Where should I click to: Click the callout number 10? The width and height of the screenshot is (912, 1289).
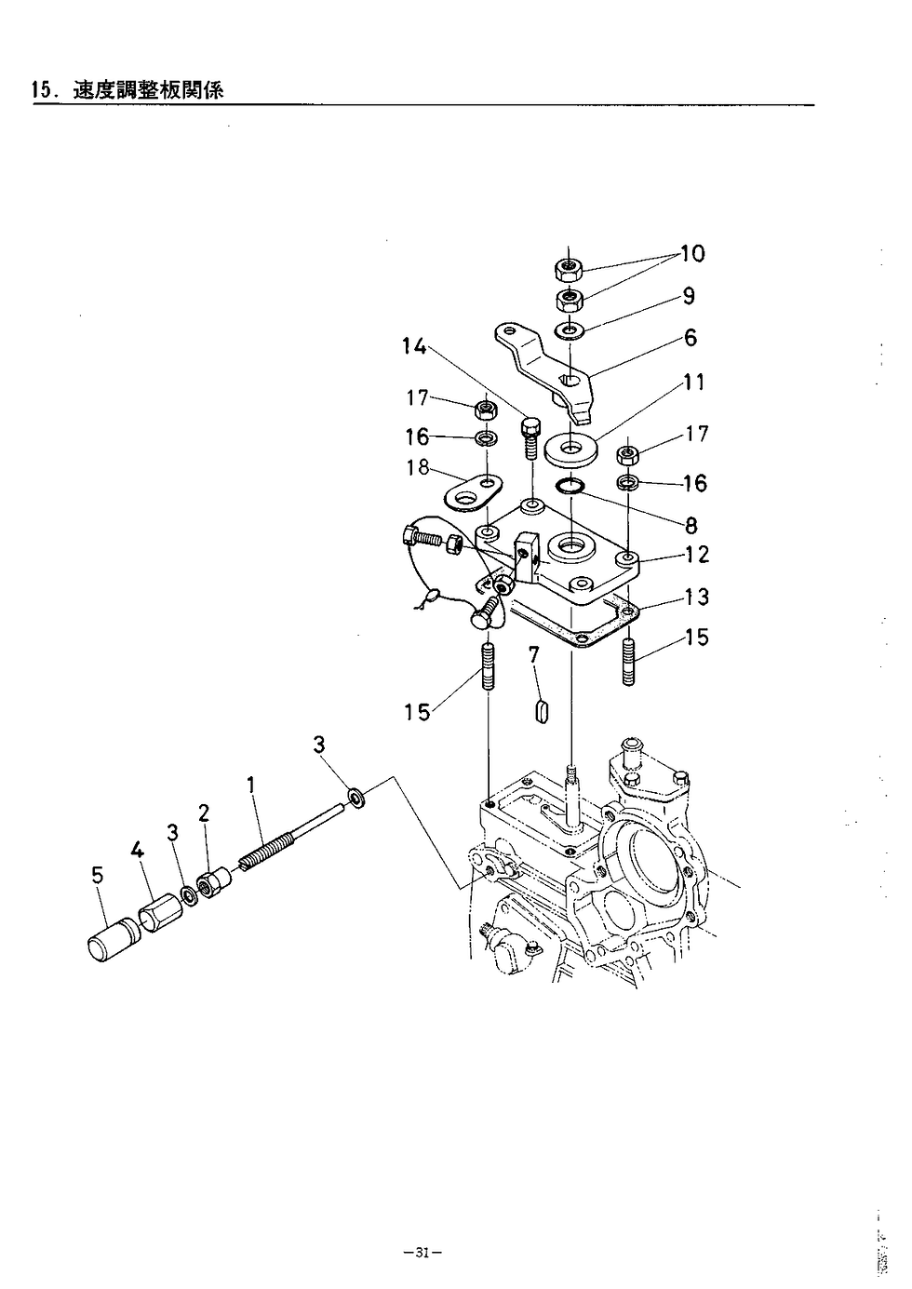[692, 253]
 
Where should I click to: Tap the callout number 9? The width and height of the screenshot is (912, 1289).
[689, 296]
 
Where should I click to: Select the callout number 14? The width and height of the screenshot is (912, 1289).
[413, 346]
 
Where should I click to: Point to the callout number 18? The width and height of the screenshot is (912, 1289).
[418, 467]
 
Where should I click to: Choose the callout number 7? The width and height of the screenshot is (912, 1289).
[533, 656]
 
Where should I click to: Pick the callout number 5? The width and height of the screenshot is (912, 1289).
[97, 876]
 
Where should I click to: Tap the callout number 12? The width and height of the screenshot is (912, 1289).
[697, 555]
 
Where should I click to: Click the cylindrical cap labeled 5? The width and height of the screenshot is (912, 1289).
[110, 941]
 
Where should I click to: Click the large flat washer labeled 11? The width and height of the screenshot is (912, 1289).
[569, 450]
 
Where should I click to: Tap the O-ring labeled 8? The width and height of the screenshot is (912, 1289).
[569, 486]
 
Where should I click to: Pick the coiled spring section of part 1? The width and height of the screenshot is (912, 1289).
[268, 851]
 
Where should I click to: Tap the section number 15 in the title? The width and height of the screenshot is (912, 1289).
[42, 90]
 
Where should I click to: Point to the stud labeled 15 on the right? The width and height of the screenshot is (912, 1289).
[628, 662]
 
